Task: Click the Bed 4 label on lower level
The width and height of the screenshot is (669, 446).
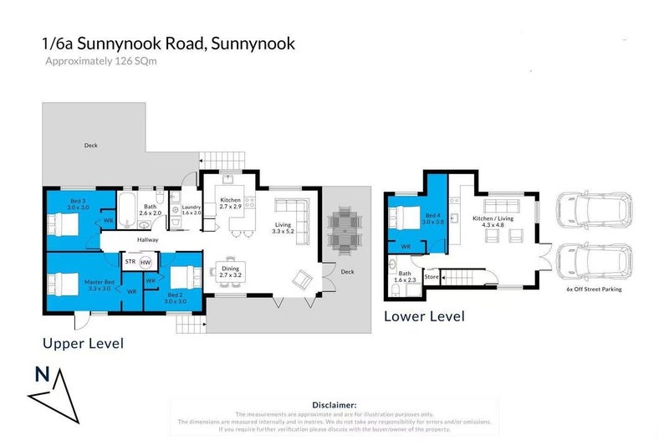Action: (432, 217)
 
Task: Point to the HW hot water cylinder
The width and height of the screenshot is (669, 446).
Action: (146, 263)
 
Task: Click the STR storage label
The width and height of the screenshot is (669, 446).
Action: (130, 262)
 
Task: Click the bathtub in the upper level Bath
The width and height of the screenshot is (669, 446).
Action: (130, 207)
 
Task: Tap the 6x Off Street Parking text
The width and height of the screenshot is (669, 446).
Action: (593, 290)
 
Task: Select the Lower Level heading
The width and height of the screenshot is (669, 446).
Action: (424, 316)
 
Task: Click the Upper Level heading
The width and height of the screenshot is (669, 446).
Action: (84, 343)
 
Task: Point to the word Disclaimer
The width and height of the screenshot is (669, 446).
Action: (334, 404)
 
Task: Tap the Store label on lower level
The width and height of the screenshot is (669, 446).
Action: (432, 276)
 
